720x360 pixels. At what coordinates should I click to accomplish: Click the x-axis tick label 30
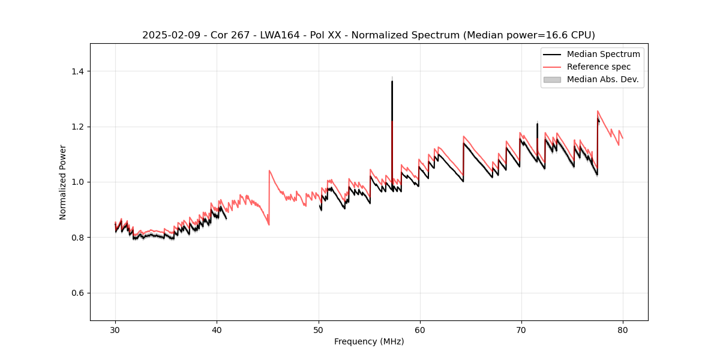[115, 329]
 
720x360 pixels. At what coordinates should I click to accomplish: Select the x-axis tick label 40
[217, 329]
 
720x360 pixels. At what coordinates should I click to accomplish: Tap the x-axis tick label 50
[318, 329]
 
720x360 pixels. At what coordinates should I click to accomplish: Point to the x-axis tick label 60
[419, 329]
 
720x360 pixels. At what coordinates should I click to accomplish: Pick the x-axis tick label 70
[521, 329]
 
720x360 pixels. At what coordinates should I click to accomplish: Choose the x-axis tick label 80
[622, 329]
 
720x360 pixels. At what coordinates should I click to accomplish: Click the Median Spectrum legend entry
[603, 54]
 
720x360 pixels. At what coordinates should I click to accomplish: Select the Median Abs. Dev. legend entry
[603, 79]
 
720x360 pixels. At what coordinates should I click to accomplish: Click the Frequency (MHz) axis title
[369, 341]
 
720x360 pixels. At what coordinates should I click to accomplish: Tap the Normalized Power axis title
[63, 182]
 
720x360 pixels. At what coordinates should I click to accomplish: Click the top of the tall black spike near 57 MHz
[392, 81]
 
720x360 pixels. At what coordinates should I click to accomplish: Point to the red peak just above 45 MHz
[269, 170]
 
